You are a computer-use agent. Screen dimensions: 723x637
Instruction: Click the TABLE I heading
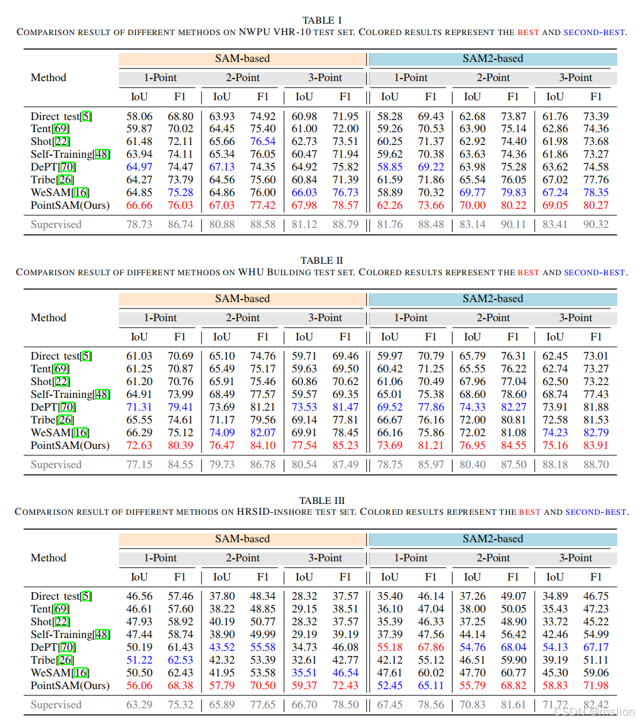[x=326, y=20]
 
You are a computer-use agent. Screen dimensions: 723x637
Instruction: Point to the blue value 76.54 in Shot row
[x=263, y=141]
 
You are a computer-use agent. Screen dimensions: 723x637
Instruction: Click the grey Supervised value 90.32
[x=596, y=224]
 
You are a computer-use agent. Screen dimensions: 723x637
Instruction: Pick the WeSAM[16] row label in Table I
[x=60, y=192]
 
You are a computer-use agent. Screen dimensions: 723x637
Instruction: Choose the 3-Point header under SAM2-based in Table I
[x=575, y=77]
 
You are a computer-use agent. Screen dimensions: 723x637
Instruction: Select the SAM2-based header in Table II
[x=492, y=298]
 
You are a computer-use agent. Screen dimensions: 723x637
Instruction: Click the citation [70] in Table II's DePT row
[x=67, y=407]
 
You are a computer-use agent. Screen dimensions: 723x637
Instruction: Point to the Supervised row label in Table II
[x=56, y=464]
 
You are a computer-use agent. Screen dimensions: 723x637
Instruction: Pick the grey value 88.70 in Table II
[x=596, y=464]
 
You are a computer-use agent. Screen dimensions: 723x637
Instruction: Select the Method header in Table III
[x=49, y=558]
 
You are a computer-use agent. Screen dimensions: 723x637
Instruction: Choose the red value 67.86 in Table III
[x=431, y=647]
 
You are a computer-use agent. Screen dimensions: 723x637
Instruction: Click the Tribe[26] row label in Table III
[x=52, y=660]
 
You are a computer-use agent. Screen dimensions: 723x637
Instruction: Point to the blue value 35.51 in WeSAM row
[x=304, y=673]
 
